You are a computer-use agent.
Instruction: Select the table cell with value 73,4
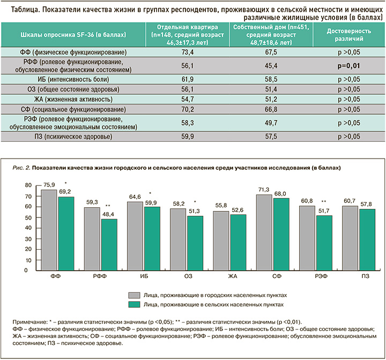pyautogui.click(x=184, y=53)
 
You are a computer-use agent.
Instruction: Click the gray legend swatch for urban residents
pyautogui.click(x=134, y=295)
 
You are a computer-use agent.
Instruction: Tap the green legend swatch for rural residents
pyautogui.click(x=134, y=304)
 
